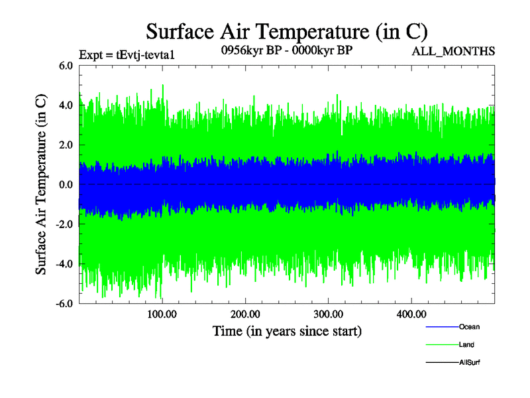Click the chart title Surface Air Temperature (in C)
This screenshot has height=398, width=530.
286,31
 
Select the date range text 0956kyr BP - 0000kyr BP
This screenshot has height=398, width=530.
286,51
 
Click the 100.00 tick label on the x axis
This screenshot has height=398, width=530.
162,314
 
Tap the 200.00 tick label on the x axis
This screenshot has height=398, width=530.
245,314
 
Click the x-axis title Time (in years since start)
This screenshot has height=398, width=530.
287,330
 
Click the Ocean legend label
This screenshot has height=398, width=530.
469,327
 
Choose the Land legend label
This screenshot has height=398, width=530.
466,345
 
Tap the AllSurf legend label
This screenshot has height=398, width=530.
470,362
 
